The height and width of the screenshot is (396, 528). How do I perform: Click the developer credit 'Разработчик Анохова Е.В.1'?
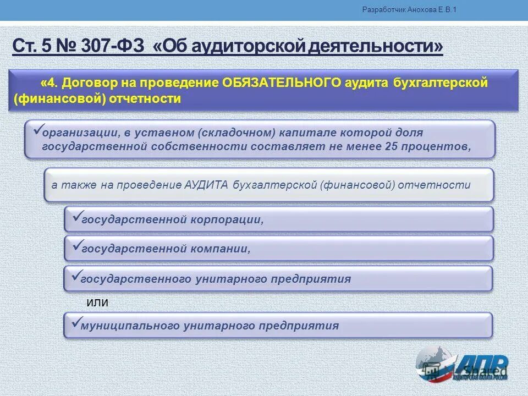410,10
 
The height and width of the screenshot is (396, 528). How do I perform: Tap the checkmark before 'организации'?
37,129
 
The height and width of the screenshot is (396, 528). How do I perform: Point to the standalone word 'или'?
98,302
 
